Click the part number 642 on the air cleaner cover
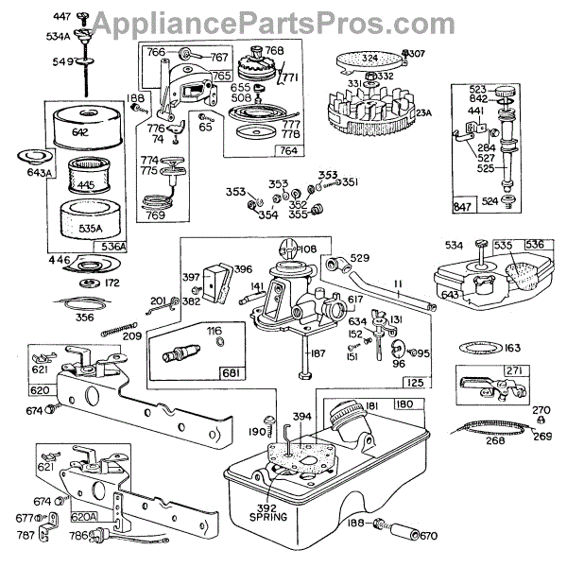pos(80,133)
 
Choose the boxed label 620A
pos(86,517)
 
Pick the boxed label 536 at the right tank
pos(533,245)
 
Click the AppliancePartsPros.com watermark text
pos(283,21)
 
